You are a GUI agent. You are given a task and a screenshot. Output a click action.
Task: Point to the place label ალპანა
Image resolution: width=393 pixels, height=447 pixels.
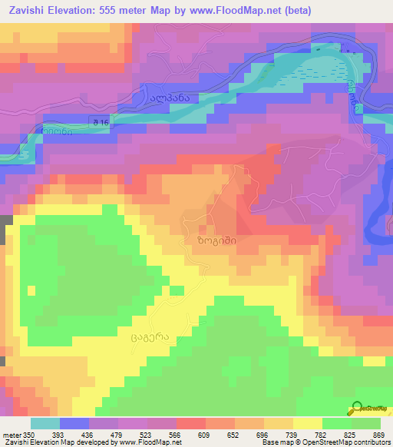point(168,99)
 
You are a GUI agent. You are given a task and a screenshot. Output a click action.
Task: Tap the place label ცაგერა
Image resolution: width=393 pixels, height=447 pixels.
point(150,336)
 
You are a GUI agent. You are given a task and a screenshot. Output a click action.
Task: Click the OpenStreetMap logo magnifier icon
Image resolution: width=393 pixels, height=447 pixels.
point(358,409)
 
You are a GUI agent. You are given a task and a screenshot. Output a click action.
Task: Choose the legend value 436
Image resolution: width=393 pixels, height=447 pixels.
point(97,435)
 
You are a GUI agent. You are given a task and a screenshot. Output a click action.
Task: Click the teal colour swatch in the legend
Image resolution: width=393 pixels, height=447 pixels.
point(45,423)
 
